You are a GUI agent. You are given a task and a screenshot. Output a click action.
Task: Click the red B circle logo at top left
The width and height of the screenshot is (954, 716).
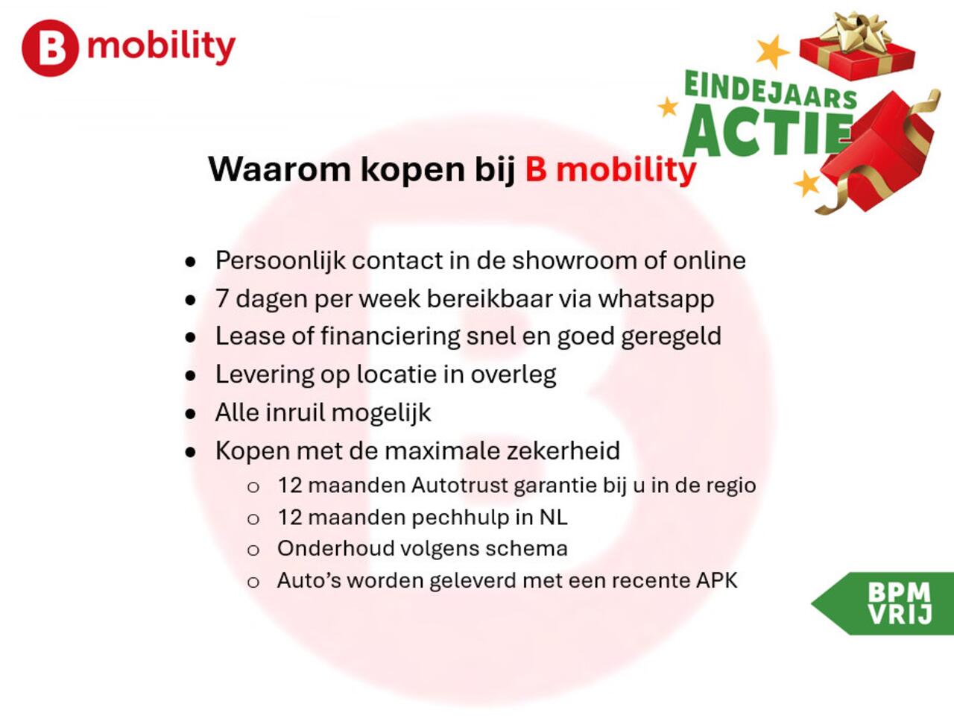[49, 48]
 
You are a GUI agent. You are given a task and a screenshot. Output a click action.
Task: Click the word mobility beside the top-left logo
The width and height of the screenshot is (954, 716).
[161, 47]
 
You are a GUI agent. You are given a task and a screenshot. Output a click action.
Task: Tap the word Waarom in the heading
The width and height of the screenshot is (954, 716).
[279, 169]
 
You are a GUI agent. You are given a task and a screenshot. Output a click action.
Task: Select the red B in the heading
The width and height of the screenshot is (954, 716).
[536, 169]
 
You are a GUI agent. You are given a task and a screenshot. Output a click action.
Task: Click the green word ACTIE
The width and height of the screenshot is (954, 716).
[768, 131]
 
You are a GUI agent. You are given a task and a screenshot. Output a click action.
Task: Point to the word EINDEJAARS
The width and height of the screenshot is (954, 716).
[770, 89]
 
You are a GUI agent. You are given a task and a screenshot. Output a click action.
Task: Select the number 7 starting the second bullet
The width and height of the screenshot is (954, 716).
[222, 298]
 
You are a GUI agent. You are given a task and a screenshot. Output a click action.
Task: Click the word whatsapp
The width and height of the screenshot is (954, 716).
[656, 299]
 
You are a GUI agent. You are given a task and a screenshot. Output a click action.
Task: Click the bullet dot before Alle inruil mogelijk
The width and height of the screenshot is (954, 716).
[191, 413]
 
